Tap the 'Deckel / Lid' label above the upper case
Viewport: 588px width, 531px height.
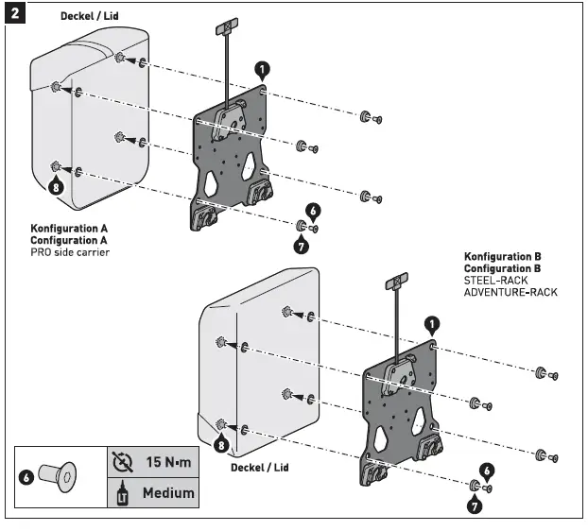(x=90, y=17)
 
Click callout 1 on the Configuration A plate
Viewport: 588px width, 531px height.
(x=262, y=69)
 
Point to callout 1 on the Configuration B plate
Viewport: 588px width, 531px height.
(x=432, y=325)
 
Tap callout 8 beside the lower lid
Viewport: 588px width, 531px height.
(x=221, y=443)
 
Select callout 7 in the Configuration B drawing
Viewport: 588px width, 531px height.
(x=473, y=505)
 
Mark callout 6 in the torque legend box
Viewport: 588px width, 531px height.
(x=28, y=477)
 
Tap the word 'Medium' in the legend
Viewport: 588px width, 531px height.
(x=168, y=492)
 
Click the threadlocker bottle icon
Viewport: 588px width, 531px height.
(x=121, y=492)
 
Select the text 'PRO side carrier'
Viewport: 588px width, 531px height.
(x=69, y=252)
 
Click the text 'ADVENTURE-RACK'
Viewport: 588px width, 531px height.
(x=510, y=292)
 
